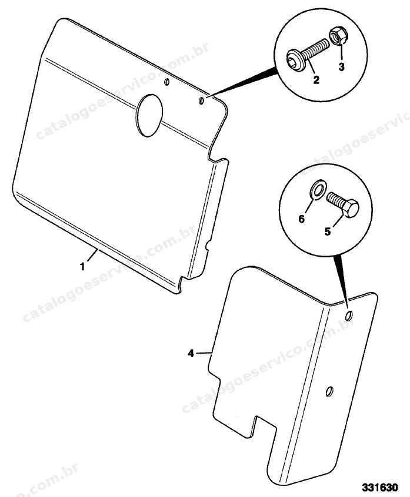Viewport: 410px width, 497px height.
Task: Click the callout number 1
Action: coord(82,267)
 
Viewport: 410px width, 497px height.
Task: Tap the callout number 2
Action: coord(316,80)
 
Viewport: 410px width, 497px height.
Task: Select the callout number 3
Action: coord(341,67)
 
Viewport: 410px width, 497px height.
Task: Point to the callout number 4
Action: coord(191,354)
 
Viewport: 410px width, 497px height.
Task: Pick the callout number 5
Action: coord(328,231)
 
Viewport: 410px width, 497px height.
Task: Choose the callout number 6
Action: coord(302,219)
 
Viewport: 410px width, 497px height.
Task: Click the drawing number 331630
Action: coord(380,487)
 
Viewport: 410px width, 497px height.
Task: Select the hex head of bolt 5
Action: coord(351,208)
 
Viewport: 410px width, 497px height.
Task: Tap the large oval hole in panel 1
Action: coord(149,115)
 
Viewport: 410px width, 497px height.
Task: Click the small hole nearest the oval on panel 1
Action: coord(167,82)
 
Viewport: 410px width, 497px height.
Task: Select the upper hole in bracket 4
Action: coord(349,315)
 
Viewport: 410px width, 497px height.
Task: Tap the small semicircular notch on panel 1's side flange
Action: coord(208,246)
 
